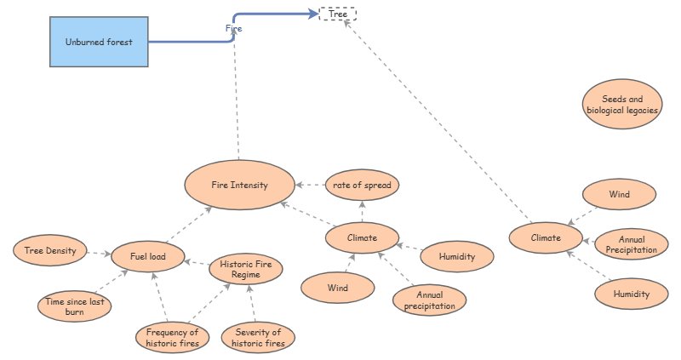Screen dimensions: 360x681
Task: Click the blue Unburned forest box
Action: [x=99, y=42]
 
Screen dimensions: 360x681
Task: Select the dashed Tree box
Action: [x=337, y=14]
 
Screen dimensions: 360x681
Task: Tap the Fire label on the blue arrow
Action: [x=233, y=28]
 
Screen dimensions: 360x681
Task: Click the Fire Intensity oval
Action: [x=239, y=185]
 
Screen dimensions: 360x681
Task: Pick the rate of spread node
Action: [x=362, y=185]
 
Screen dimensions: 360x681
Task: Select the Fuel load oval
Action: [x=147, y=255]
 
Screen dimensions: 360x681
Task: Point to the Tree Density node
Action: [x=50, y=250]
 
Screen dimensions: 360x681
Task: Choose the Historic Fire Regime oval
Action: [x=245, y=270]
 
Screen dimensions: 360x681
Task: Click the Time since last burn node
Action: [x=75, y=306]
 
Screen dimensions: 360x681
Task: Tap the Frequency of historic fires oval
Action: [x=172, y=337]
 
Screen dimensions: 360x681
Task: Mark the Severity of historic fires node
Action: [x=258, y=337]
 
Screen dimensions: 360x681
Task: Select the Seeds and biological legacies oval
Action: [x=622, y=105]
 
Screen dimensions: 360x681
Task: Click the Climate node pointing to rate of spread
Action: [x=363, y=237]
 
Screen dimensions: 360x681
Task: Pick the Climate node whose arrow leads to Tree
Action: [x=547, y=237]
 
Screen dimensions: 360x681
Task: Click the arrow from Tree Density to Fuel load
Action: [x=99, y=253]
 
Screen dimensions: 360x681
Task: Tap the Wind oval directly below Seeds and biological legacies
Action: [x=619, y=194]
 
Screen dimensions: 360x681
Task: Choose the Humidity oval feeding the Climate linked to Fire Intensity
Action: [x=457, y=256]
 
